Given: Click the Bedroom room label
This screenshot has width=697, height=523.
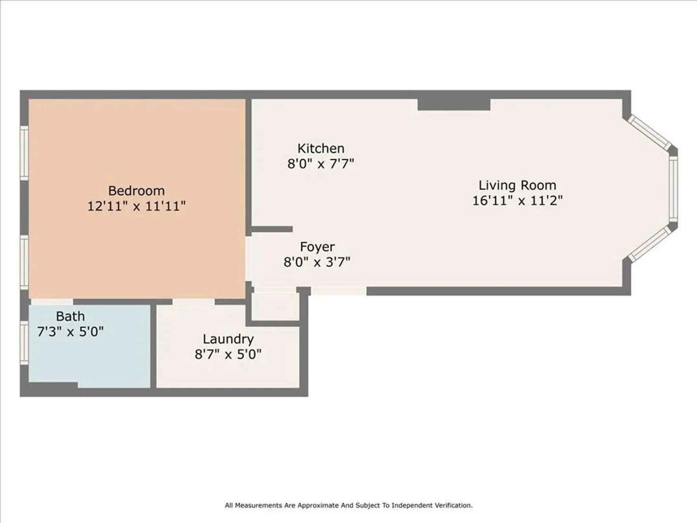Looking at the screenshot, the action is pos(136,191).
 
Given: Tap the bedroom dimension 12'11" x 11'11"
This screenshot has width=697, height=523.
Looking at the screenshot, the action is pos(136,206).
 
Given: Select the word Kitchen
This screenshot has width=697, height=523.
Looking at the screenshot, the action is pos(321,148).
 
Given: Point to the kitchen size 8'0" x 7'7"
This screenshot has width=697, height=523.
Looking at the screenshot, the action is pos(321,164).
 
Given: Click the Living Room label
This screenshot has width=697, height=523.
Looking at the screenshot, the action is pos(517,185).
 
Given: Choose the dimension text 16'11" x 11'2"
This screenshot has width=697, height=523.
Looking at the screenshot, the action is pos(517,200).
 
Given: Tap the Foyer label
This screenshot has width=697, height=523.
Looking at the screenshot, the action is pos(317,247).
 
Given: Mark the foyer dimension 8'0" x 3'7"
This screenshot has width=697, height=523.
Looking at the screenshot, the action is pos(317,262).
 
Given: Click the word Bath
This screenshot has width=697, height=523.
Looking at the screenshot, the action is pos(70,316).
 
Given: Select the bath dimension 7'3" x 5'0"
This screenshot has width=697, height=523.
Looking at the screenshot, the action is pos(70,332).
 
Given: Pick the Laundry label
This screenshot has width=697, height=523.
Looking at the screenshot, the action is pos(228,339).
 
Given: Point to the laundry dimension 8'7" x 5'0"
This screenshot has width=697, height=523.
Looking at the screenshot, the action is pos(228,354).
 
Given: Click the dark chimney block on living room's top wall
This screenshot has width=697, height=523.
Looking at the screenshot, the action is pos(454,105).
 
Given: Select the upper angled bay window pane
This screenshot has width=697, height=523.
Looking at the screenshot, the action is pos(651,132).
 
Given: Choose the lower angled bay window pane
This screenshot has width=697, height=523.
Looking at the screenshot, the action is pos(651,245).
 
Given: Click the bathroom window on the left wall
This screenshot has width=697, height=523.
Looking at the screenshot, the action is pos(24,342).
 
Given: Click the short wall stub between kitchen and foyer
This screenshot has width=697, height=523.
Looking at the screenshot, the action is pos(272,229).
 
